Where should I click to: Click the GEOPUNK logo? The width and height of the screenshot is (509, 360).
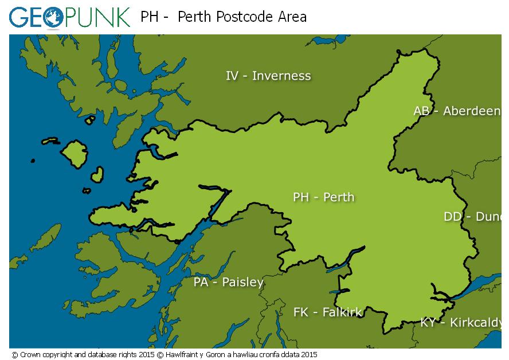click(x=69, y=17)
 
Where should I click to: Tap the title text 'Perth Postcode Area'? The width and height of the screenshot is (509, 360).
click(x=242, y=17)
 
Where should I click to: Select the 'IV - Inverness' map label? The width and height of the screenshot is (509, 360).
click(x=268, y=76)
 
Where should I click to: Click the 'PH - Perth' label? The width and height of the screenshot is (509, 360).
click(x=323, y=197)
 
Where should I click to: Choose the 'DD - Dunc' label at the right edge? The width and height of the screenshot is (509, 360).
click(x=472, y=217)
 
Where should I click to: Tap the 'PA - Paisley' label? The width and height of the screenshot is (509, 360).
click(x=228, y=282)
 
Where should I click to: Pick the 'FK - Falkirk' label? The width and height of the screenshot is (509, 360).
click(x=327, y=312)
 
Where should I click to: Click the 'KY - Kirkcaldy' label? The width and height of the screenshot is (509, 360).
click(x=461, y=322)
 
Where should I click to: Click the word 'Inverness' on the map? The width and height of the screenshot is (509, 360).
click(x=281, y=76)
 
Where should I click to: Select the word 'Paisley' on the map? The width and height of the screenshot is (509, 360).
click(x=242, y=282)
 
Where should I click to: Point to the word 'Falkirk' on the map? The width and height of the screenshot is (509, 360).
click(x=342, y=312)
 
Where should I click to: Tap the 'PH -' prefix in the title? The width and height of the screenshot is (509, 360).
click(x=154, y=17)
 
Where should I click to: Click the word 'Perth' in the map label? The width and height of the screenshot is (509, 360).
click(x=339, y=197)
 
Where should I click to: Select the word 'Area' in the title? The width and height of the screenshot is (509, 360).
click(x=291, y=17)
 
